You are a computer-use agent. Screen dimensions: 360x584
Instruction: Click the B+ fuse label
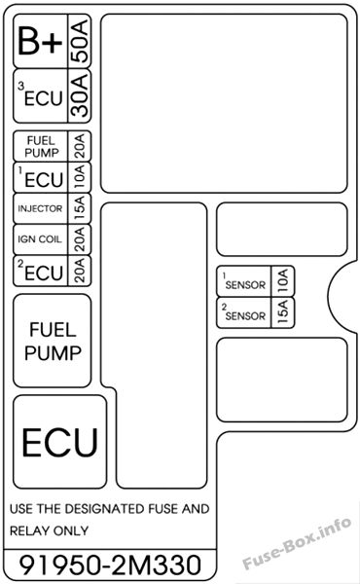(x=40, y=41)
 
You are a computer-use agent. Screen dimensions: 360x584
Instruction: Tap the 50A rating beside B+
(x=80, y=41)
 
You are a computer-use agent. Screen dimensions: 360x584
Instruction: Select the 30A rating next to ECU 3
(x=80, y=95)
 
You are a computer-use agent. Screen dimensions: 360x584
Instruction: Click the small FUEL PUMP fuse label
(x=42, y=146)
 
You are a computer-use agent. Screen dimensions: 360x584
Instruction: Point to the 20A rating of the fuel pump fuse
(x=80, y=146)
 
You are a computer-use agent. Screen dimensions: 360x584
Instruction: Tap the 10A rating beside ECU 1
(x=80, y=177)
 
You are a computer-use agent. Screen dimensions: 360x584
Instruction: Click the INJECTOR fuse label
(x=40, y=208)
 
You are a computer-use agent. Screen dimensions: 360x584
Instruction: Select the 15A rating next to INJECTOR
(x=80, y=208)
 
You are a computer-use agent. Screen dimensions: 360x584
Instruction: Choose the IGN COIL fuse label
(x=40, y=239)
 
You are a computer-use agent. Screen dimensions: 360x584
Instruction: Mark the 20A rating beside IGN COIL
(x=80, y=239)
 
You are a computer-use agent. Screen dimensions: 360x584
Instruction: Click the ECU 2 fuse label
(x=41, y=271)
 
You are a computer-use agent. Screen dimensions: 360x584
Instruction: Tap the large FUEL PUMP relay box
(x=53, y=341)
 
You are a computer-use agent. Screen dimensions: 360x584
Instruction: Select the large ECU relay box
(x=60, y=442)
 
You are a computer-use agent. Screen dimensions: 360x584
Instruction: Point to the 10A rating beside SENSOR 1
(x=283, y=281)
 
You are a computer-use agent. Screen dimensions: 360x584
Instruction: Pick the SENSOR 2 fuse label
(x=244, y=312)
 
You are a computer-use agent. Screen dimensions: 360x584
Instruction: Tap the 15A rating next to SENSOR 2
(x=283, y=312)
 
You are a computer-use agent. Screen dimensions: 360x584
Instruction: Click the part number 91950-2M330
(x=110, y=565)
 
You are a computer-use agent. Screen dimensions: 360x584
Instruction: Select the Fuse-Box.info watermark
(x=297, y=543)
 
